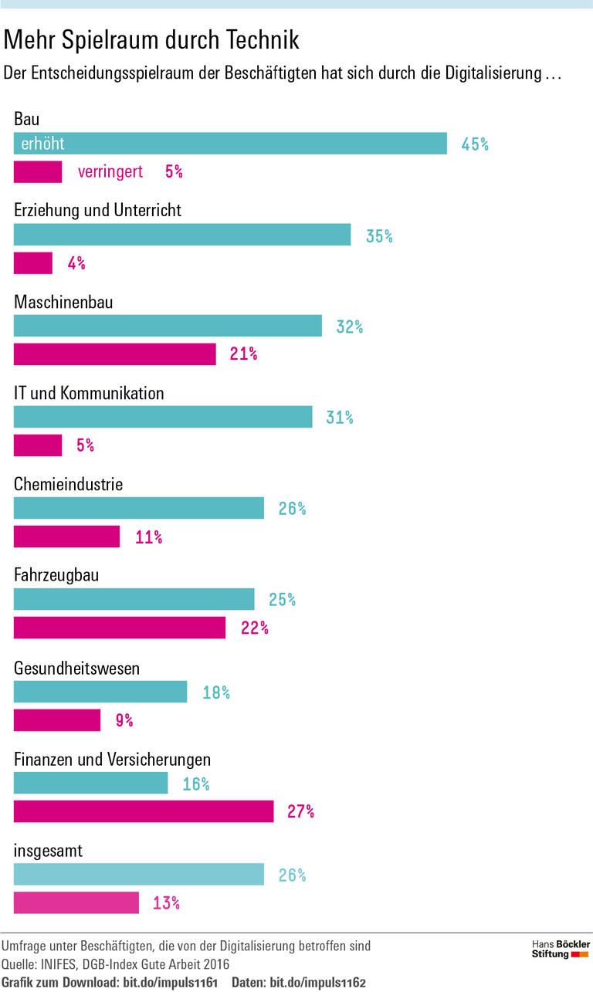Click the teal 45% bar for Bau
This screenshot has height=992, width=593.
[230, 144]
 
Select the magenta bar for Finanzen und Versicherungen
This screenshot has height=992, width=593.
[144, 811]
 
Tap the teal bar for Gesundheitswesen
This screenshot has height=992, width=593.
[100, 692]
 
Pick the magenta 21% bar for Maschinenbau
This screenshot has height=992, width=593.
[114, 354]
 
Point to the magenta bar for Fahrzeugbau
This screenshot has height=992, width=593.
[120, 628]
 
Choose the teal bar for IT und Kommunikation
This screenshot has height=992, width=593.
[163, 417]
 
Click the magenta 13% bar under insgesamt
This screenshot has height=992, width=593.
[76, 902]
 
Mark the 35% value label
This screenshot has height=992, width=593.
[379, 236]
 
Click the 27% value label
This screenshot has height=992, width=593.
[300, 811]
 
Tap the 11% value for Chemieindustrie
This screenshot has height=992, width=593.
[148, 537]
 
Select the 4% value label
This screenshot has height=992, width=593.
[76, 263]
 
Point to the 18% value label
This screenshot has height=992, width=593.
[216, 692]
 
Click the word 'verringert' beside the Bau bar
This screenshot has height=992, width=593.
[110, 171]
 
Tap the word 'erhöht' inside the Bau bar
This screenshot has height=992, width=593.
[42, 144]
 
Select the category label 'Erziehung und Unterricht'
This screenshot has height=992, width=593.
[98, 210]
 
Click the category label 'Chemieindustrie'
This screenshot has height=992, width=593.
[68, 484]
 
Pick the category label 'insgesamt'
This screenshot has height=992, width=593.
[48, 851]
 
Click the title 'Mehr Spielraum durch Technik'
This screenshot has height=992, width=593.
[151, 39]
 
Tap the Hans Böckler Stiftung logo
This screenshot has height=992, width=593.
[561, 949]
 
